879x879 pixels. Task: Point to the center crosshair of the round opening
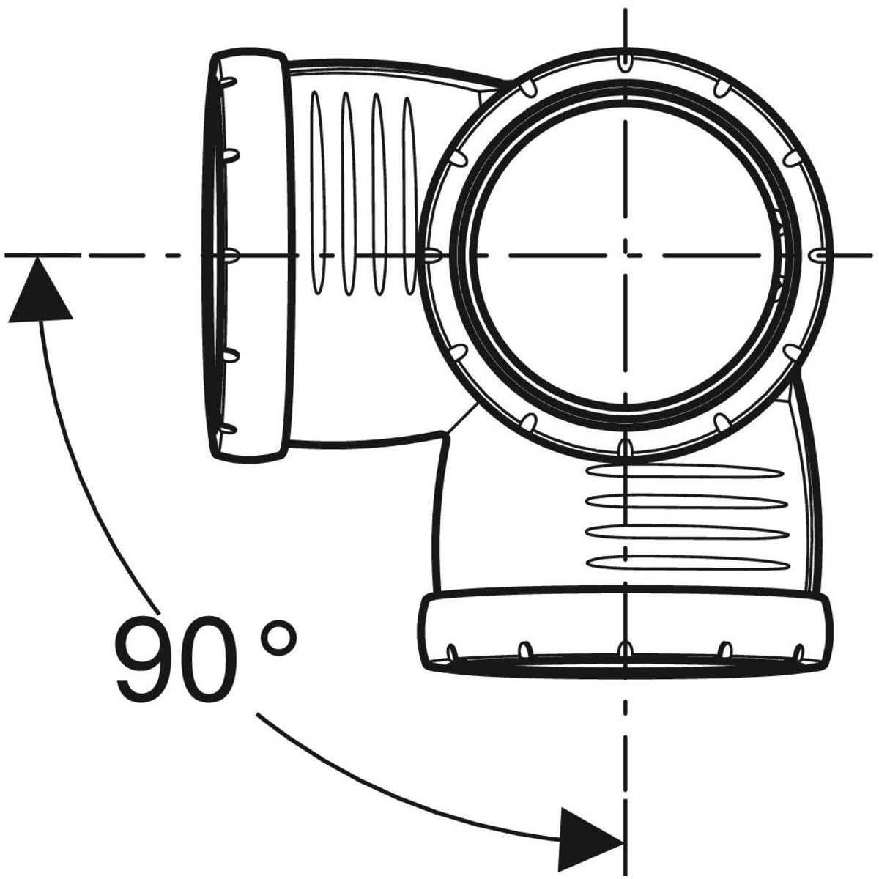pos(624,255)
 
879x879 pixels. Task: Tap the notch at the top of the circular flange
pos(624,60)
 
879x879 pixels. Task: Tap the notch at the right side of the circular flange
pos(820,254)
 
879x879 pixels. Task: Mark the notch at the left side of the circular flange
pos(432,256)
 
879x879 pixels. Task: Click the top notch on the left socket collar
pos(229,80)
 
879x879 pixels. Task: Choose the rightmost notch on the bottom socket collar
pos(799,651)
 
